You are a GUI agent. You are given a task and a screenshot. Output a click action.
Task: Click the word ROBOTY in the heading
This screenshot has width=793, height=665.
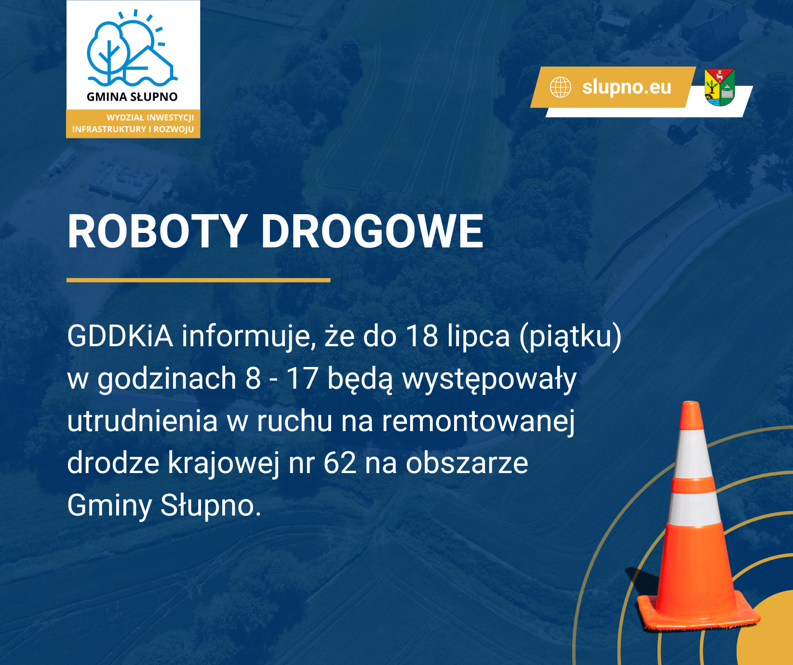coord(158,232)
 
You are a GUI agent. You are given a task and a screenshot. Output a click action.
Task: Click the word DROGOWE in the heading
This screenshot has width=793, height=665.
coord(372,232)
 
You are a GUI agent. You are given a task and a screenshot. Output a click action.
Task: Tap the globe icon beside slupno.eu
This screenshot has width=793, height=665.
coord(561,87)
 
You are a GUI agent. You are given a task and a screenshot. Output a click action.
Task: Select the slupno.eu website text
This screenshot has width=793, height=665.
coord(627,87)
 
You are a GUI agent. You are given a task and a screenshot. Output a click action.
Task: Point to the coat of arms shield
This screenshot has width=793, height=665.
coord(720,87)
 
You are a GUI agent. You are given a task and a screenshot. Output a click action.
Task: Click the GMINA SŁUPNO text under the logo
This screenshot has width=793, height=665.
coord(132,97)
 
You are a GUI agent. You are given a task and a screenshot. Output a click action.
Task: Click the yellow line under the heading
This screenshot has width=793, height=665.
coord(198,280)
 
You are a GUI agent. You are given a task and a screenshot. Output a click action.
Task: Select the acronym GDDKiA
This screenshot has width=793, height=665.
coord(120,336)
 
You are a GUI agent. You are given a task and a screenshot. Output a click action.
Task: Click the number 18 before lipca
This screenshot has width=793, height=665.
coord(422,336)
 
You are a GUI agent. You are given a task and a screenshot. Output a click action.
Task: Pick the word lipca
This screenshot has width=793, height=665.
coord(478,338)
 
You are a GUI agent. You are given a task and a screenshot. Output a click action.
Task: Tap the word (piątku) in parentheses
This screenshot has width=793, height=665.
coord(571,338)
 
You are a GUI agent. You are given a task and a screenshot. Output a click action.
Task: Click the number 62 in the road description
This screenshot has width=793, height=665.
coord(340,463)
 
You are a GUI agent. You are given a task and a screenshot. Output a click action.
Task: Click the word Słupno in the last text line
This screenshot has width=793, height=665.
coord(211,506)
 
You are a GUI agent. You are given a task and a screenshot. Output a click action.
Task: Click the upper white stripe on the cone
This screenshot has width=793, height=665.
coord(693,453)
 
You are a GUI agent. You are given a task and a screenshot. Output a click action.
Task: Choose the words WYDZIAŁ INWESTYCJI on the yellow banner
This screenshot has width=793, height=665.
coord(150,117)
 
